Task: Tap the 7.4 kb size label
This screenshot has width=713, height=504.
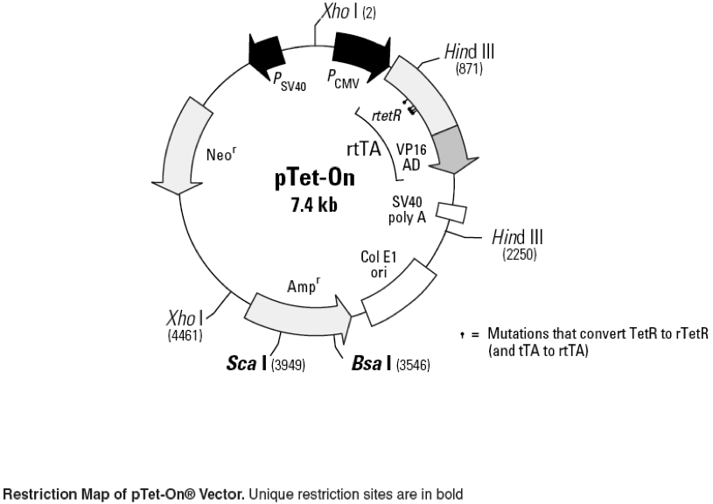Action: (313, 206)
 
